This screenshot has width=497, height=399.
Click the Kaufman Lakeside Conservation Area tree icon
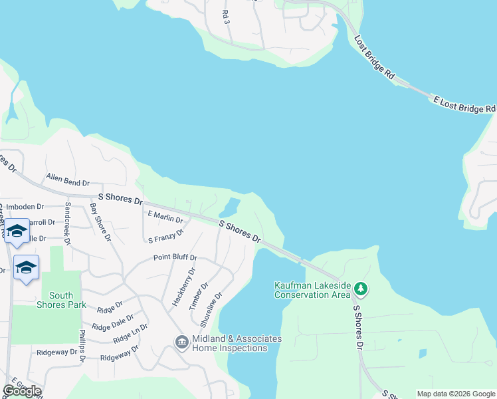click(x=361, y=289)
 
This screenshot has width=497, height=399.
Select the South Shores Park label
click(x=61, y=300)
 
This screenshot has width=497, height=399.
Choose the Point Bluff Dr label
click(x=175, y=257)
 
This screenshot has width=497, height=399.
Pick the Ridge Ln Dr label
click(x=130, y=334)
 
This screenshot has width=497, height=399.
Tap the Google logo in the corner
click(x=22, y=390)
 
